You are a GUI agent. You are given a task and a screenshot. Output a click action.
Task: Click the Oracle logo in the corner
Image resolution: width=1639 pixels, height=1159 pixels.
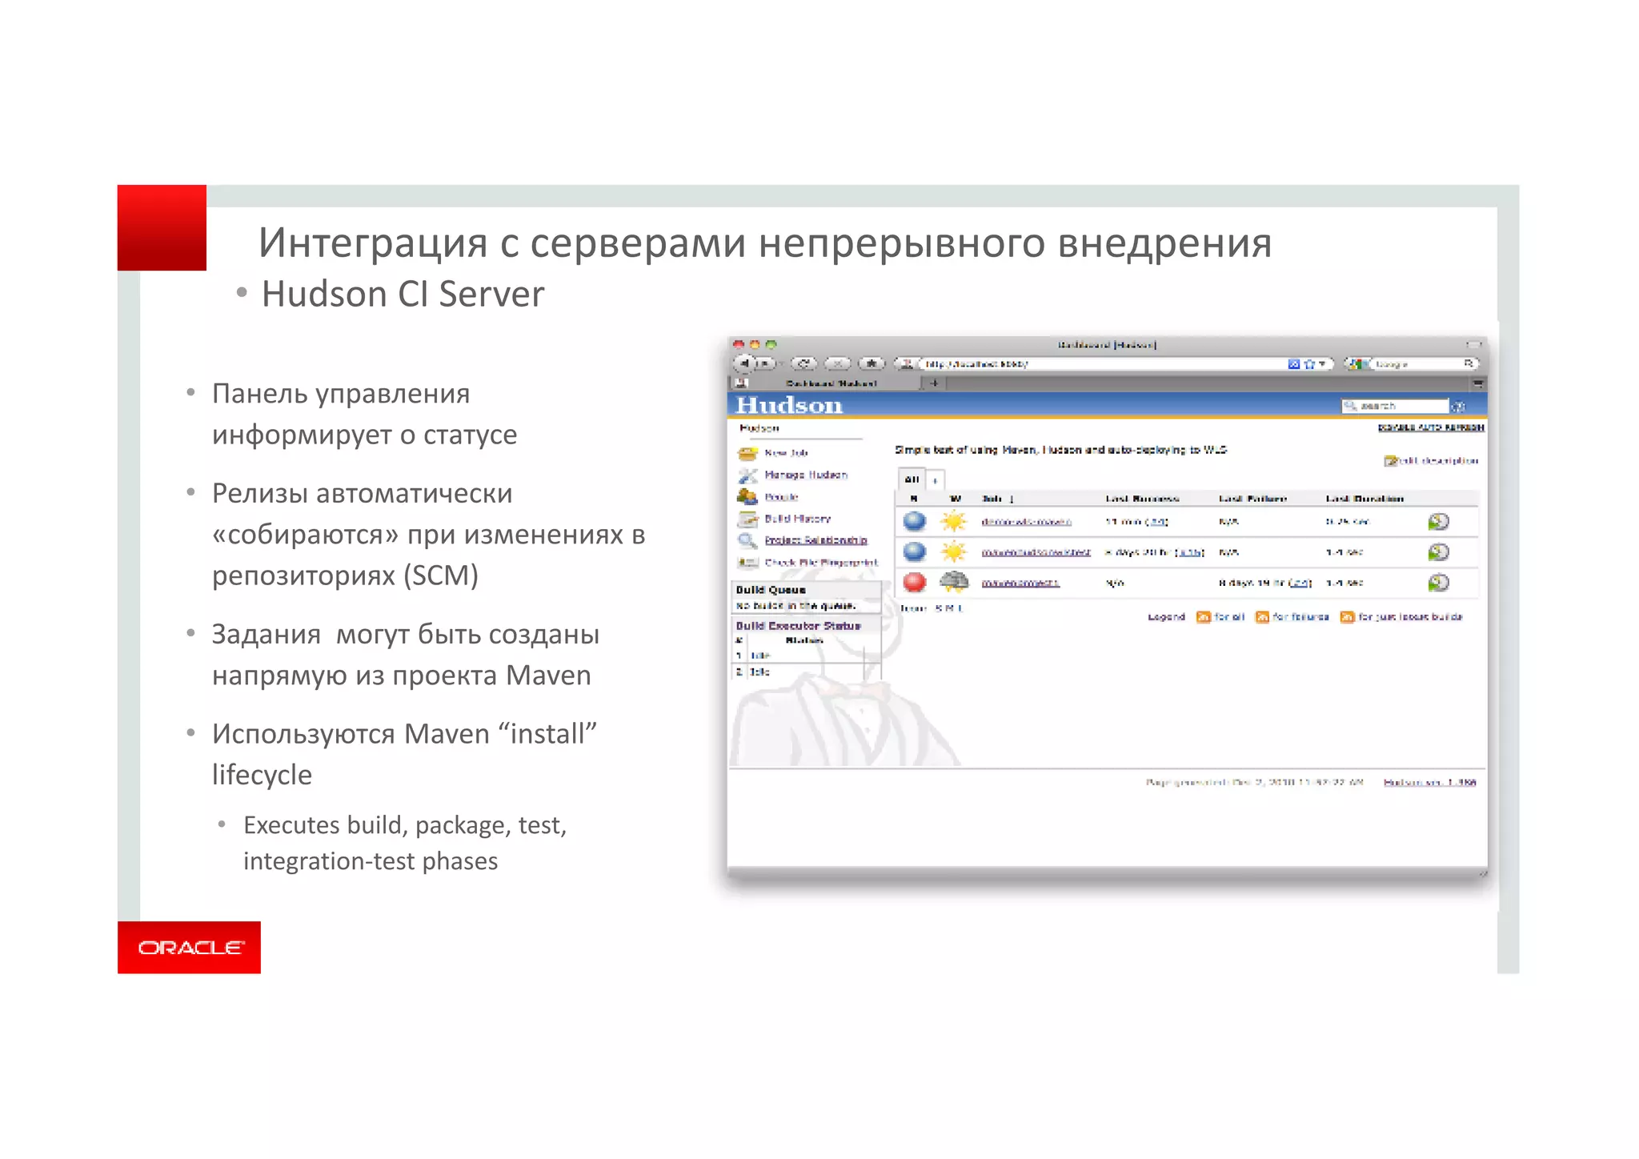point(190,948)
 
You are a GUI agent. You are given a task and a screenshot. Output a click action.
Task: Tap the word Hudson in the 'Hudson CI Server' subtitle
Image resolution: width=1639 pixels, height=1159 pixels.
point(324,295)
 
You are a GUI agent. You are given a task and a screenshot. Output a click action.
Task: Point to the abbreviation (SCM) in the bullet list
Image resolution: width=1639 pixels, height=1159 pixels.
point(441,575)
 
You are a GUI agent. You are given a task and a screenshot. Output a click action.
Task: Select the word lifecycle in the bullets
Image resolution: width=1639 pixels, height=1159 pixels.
point(262,775)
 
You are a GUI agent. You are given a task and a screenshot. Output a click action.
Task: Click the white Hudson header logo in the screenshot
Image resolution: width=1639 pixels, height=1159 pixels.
point(789,406)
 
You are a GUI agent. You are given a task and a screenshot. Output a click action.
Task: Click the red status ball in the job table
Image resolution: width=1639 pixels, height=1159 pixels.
point(914,582)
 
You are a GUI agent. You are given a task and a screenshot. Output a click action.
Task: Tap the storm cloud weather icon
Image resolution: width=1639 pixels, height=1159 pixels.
point(953,581)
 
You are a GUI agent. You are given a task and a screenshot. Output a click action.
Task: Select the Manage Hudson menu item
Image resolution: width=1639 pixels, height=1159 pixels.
point(805,475)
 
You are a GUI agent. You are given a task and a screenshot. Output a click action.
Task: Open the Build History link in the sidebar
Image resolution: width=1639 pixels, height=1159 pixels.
point(797,519)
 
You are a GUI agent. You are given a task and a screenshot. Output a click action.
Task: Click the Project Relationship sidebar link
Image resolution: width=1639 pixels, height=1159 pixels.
point(815,540)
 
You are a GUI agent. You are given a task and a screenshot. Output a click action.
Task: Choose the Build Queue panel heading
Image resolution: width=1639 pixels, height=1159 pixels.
point(771,590)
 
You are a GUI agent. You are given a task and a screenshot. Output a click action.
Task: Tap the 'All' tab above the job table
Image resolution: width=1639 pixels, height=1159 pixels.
point(912,479)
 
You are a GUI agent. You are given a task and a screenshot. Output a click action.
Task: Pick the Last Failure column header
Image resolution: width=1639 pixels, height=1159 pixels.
point(1252,499)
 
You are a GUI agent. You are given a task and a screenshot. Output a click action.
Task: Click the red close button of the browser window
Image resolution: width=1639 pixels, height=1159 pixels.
point(739,345)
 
